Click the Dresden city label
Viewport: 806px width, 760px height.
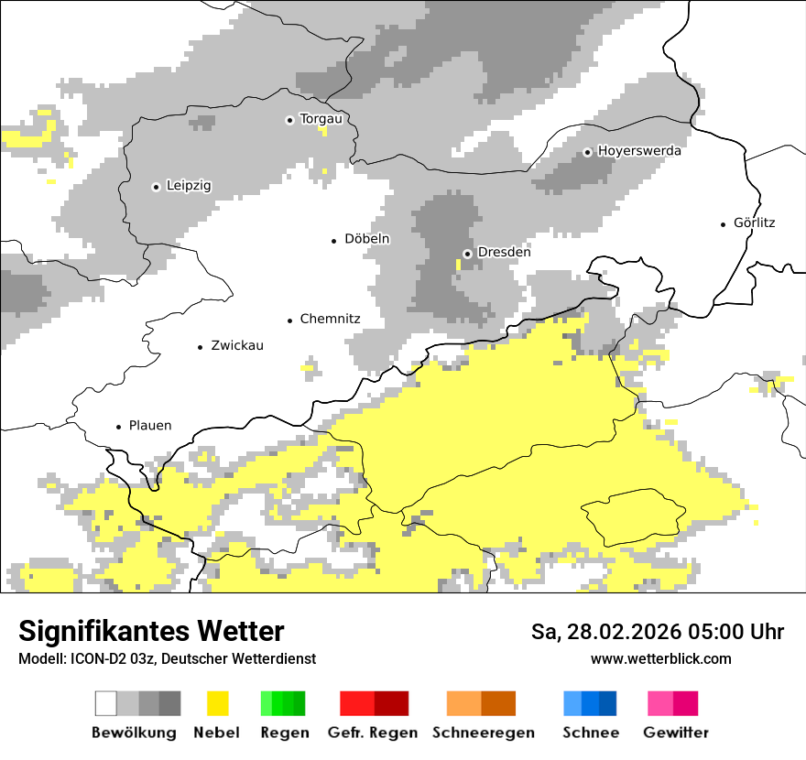tap(504, 253)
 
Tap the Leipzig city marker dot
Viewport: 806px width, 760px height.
tap(156, 187)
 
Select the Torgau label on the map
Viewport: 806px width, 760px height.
tap(321, 119)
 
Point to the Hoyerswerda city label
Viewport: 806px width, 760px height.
tap(639, 151)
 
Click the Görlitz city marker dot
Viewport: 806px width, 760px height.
tap(724, 223)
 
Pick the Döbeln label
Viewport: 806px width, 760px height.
tap(366, 239)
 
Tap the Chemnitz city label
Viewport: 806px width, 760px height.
tap(330, 320)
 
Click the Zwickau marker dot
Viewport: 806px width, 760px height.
tap(201, 347)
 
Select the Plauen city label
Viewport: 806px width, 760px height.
tap(150, 426)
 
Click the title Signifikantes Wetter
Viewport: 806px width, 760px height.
tap(151, 632)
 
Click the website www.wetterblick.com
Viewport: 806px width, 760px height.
tap(660, 659)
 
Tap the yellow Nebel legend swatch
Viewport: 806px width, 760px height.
tap(217, 703)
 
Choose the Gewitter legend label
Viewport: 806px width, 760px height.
tap(676, 733)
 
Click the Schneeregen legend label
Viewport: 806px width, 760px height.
tap(483, 733)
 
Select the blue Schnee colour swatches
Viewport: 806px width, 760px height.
tap(590, 703)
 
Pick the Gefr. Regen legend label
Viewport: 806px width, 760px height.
tap(372, 733)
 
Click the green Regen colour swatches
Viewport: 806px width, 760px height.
tap(283, 703)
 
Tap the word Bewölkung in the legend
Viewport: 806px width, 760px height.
tap(134, 733)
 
